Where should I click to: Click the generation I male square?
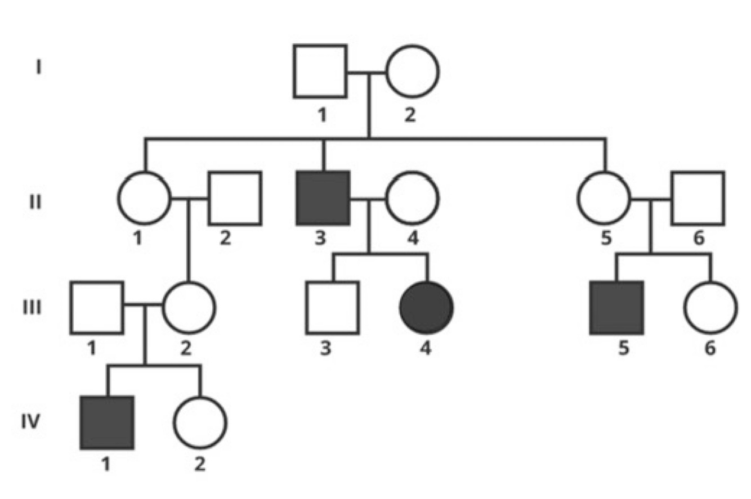(320, 71)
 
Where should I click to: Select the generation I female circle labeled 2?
(412, 71)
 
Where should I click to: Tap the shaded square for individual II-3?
(323, 198)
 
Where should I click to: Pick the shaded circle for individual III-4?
(426, 307)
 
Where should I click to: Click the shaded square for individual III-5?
(616, 307)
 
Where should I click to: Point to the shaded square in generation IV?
(107, 422)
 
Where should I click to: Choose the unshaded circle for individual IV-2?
(200, 422)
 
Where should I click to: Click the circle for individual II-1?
(144, 198)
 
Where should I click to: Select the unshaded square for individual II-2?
(235, 198)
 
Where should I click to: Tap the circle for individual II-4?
(412, 198)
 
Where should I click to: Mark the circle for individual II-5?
(604, 198)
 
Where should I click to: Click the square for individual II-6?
(698, 198)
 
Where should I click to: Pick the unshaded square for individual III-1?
(97, 307)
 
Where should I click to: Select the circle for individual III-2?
(189, 307)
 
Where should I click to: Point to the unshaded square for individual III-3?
(332, 307)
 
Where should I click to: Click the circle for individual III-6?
(710, 307)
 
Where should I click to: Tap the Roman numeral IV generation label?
(32, 421)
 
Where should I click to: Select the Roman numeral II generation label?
(35, 201)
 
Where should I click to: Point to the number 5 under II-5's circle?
(605, 239)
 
